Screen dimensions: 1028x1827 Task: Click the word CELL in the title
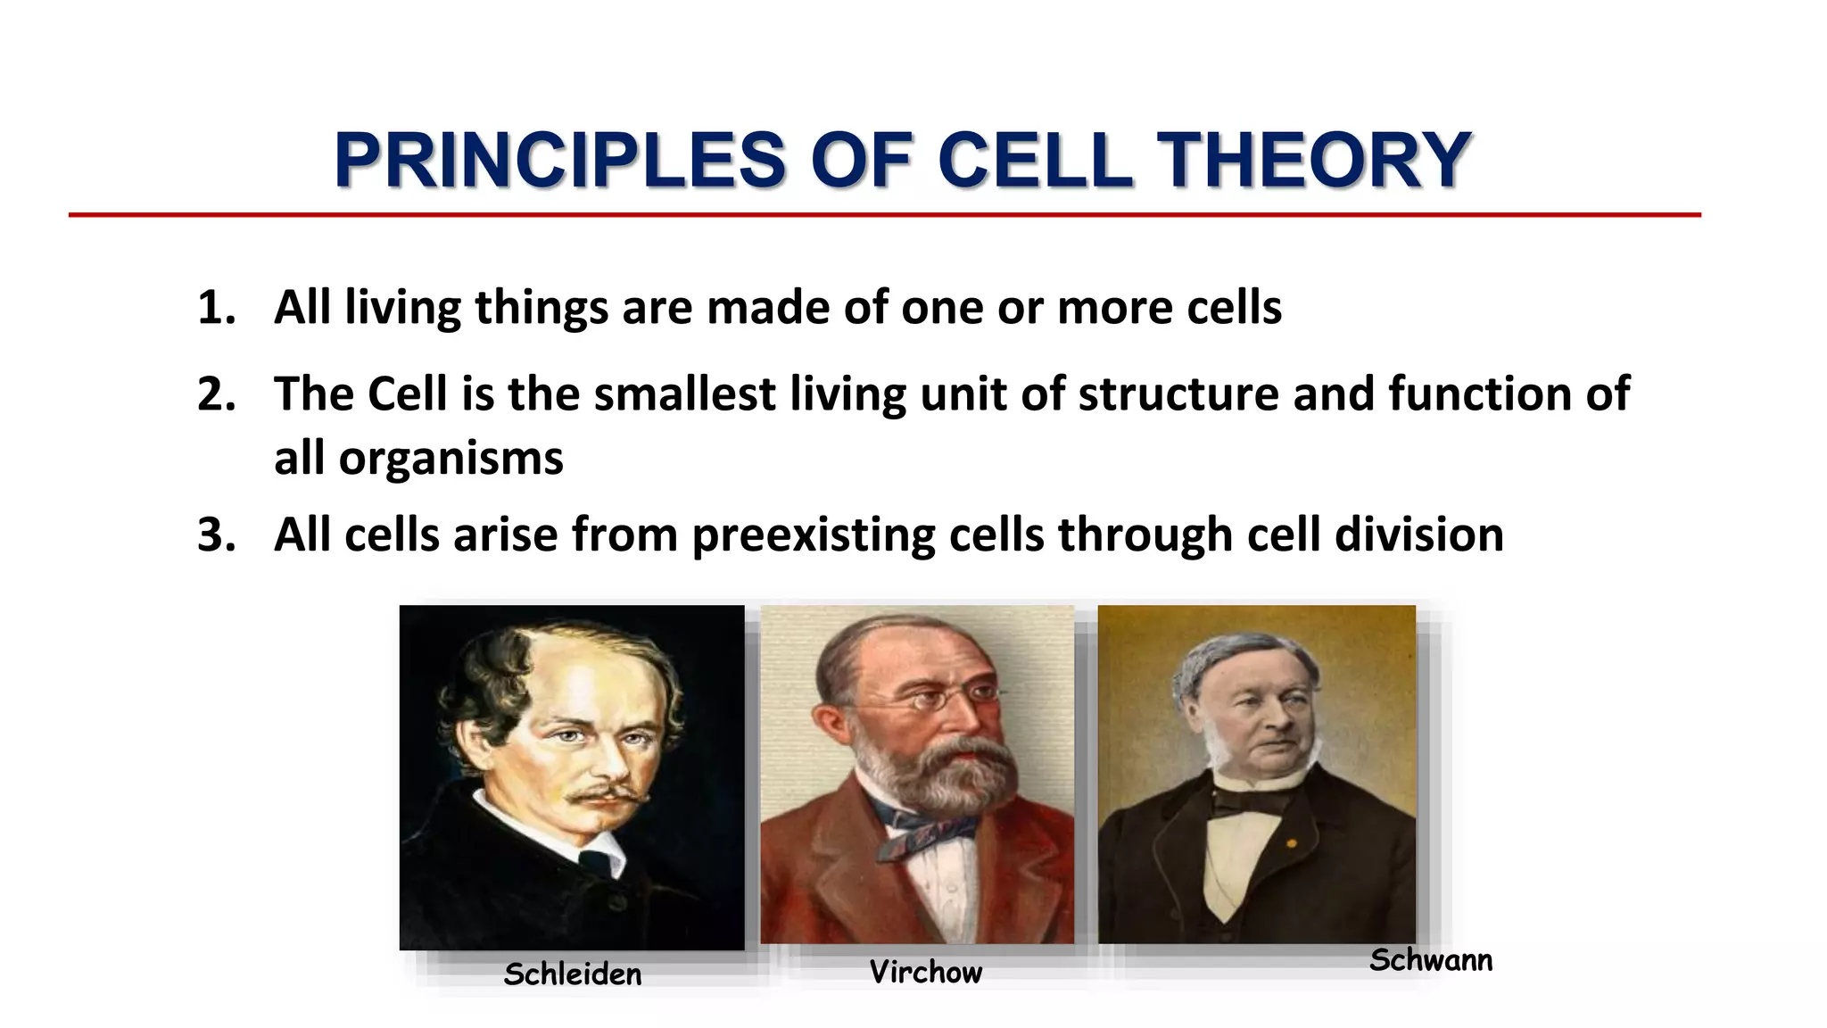(1035, 161)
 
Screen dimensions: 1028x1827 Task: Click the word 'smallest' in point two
(684, 394)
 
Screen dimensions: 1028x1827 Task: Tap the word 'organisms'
(451, 460)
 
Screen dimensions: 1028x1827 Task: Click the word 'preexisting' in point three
(812, 535)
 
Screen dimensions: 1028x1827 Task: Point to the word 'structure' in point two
(1178, 394)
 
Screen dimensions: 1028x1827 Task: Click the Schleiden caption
(572, 974)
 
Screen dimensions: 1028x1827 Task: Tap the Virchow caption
(925, 972)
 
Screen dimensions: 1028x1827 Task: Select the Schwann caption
(1430, 960)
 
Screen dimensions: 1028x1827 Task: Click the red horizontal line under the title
(883, 215)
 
